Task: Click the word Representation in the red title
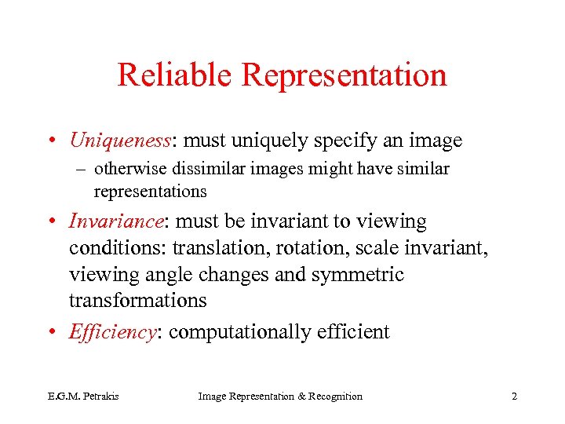344,75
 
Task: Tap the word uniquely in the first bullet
279,141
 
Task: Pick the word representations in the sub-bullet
150,191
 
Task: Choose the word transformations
137,301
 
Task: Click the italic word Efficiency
113,332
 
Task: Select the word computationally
240,332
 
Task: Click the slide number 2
514,397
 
